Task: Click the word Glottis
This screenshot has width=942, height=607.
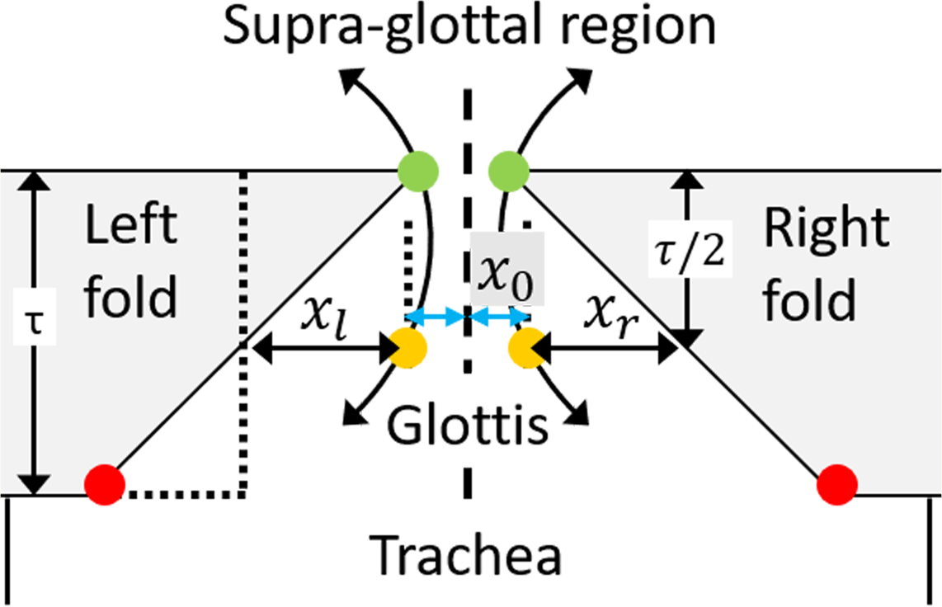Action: point(468,426)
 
